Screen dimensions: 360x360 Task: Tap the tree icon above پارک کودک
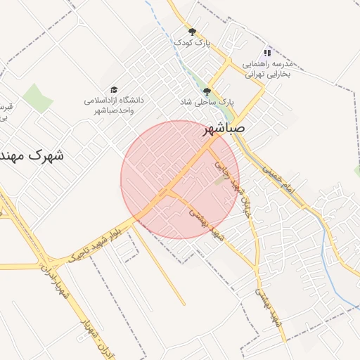(192, 32)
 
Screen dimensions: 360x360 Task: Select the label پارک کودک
(193, 44)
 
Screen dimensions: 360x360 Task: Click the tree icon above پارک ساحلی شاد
(207, 91)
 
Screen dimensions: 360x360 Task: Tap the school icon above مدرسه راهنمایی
(266, 53)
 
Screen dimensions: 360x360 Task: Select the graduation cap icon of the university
(114, 89)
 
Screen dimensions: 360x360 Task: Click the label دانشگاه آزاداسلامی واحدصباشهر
(114, 105)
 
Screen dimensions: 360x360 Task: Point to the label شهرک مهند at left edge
(32, 155)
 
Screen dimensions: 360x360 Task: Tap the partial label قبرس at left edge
(6, 111)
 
